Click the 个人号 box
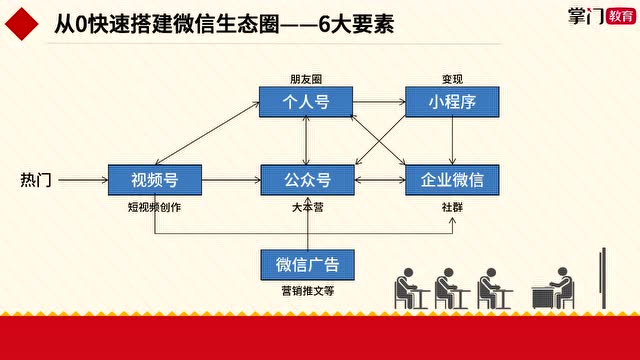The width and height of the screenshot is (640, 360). coord(307,101)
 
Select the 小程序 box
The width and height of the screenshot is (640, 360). coord(452,101)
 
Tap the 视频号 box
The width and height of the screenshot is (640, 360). coord(154,180)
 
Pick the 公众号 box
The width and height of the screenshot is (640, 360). coord(307,180)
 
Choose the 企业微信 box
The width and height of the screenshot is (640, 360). coord(452,180)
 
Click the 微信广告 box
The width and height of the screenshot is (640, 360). coord(307,264)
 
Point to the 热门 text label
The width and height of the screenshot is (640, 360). coord(36,180)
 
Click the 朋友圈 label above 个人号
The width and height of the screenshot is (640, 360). coord(307,78)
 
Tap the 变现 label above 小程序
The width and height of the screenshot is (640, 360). coord(453,78)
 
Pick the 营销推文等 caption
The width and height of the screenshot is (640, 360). coord(307,292)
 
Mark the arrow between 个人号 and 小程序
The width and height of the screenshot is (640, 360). coord(379,101)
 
